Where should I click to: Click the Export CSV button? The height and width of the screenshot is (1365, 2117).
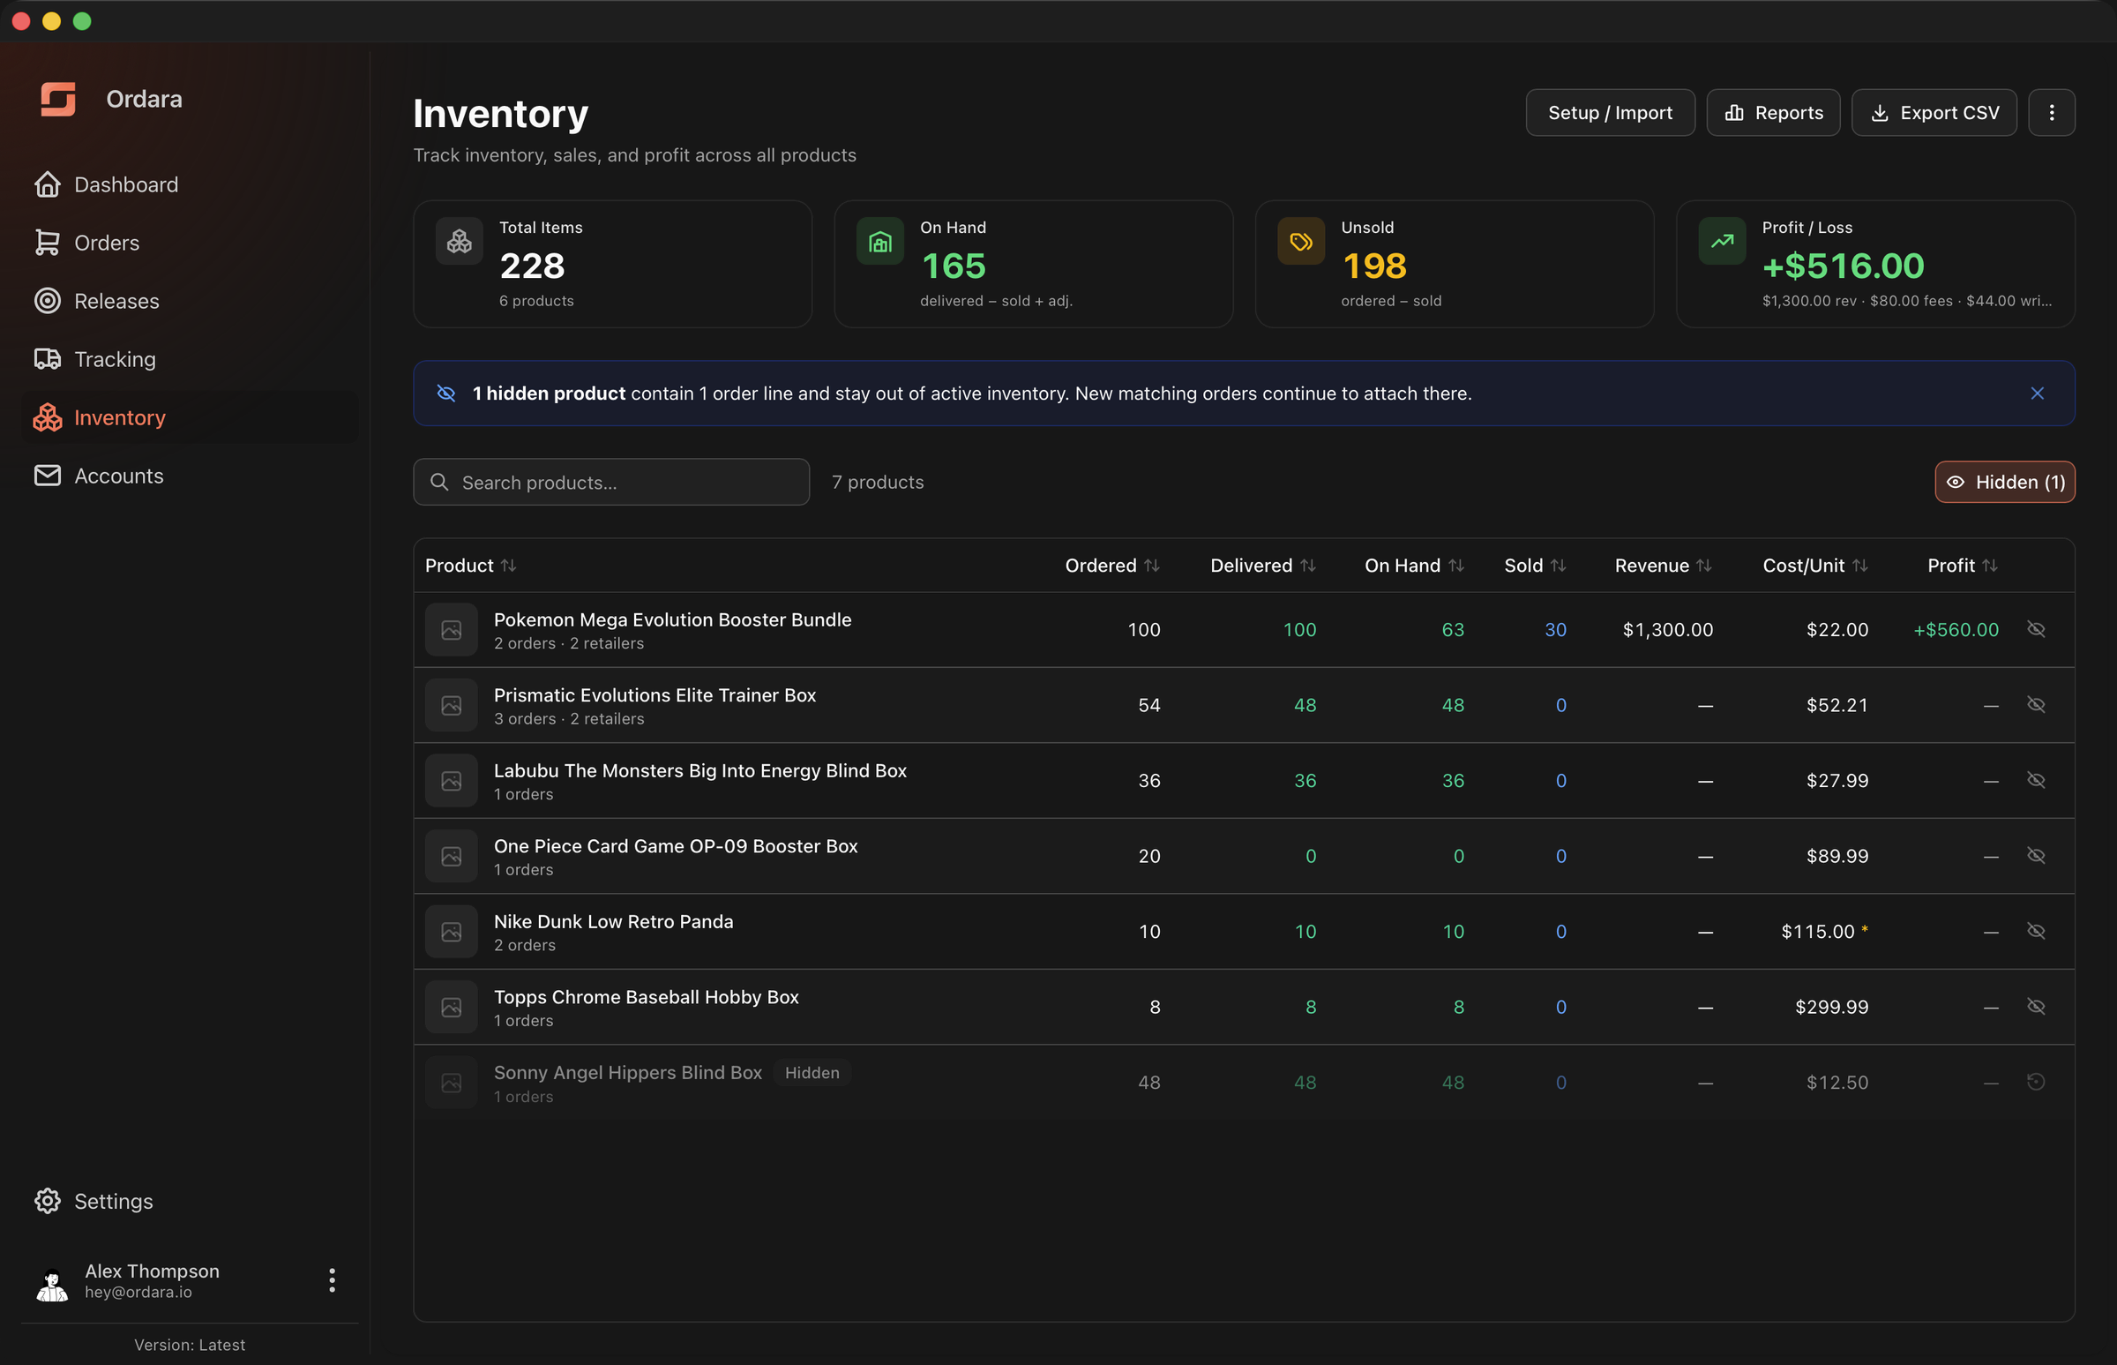point(1934,113)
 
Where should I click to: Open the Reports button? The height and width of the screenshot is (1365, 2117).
point(1772,113)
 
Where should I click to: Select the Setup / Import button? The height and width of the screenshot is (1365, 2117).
point(1609,113)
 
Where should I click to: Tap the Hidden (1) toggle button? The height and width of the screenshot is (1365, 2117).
point(2004,482)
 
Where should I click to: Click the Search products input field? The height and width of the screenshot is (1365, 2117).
point(611,482)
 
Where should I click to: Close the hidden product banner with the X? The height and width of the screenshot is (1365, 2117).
point(2037,394)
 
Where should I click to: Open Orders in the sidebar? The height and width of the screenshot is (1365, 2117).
point(107,243)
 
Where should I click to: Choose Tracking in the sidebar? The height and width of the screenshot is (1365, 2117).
point(115,359)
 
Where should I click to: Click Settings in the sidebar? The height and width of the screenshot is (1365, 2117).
point(114,1201)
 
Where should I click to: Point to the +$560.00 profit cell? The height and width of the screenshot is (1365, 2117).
point(1956,629)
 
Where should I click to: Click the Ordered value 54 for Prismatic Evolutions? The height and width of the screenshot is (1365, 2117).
point(1148,705)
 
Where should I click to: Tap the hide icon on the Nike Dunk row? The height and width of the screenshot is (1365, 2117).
point(2036,931)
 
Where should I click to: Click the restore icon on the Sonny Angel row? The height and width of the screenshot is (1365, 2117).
point(2036,1082)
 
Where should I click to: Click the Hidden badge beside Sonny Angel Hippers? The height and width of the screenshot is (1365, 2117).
point(812,1073)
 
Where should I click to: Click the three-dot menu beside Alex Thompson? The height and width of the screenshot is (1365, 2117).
point(332,1280)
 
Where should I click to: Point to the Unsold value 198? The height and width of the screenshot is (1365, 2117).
point(1374,266)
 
